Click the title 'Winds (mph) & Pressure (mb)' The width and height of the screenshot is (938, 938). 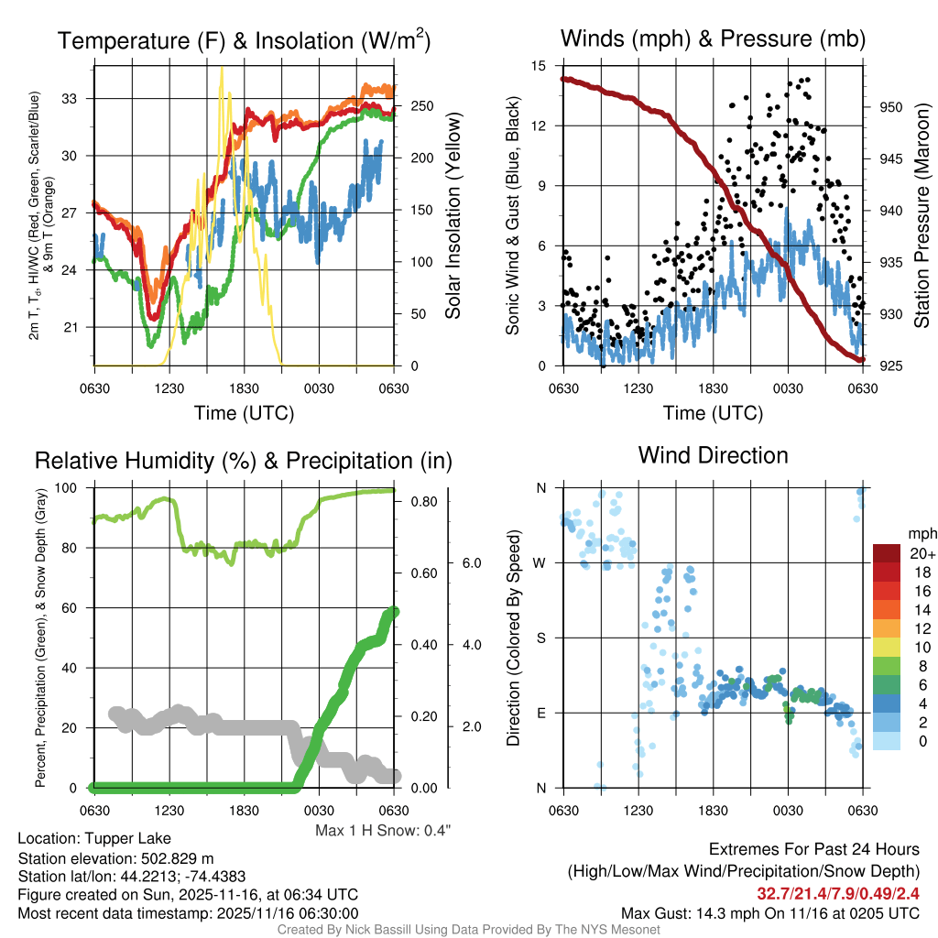pos(713,39)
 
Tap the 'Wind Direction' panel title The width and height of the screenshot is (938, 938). pos(713,455)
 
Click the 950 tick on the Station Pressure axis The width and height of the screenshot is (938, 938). pos(890,107)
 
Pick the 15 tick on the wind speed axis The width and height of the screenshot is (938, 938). pos(539,66)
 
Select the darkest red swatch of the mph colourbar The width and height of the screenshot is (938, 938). pos(888,552)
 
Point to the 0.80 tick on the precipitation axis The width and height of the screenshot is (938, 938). pos(422,502)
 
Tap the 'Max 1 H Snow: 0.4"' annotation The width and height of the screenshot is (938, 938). pos(384,831)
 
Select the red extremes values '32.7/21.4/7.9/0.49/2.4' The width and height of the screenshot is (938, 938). pos(837,893)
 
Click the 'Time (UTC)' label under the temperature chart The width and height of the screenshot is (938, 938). pos(244,413)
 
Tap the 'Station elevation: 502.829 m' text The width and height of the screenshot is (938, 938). pos(115,857)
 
